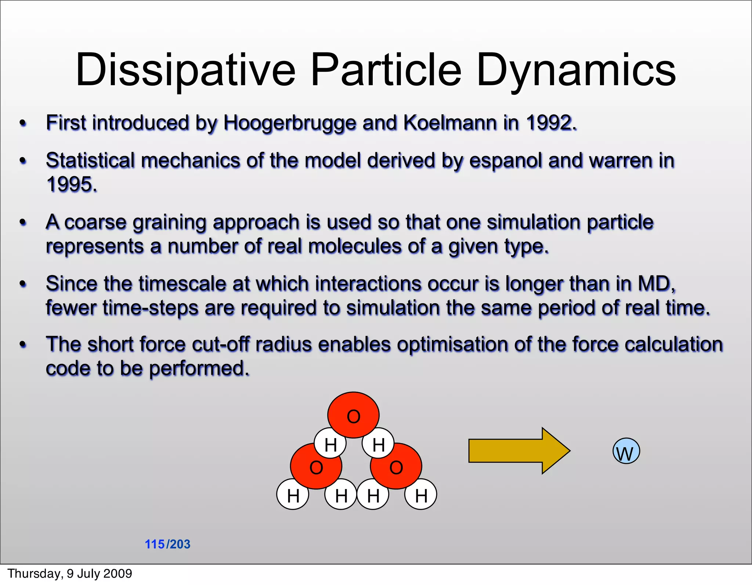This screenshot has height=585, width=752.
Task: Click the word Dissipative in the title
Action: pyautogui.click(x=185, y=70)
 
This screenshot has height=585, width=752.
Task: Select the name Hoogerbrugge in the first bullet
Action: pyautogui.click(x=290, y=123)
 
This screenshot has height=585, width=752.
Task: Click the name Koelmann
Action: pyautogui.click(x=450, y=123)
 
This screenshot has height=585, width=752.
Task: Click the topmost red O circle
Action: pyautogui.click(x=353, y=415)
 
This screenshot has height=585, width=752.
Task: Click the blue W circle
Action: pyautogui.click(x=626, y=451)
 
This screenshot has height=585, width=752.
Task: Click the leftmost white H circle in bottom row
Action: pyautogui.click(x=293, y=495)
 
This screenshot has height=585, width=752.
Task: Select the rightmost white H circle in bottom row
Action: pyautogui.click(x=421, y=495)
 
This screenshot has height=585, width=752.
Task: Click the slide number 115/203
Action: pyautogui.click(x=167, y=544)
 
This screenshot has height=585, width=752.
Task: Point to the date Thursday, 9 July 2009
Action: pyautogui.click(x=70, y=574)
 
